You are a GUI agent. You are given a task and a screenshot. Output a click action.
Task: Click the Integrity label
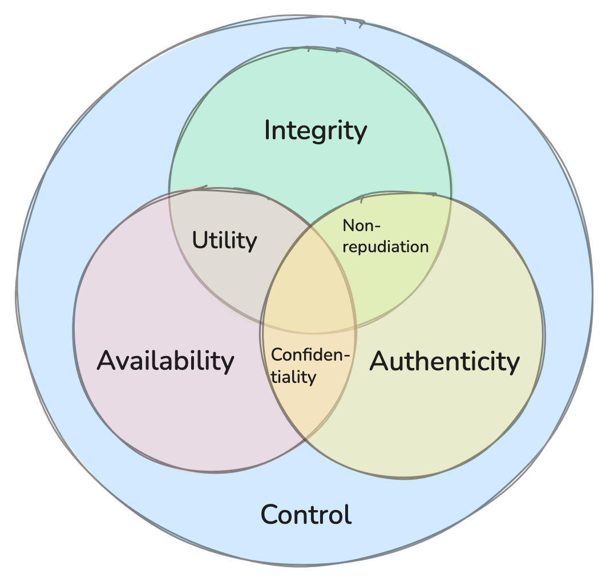(316, 131)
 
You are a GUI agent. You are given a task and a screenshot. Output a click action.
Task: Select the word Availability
(165, 361)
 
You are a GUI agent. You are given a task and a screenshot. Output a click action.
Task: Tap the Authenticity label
(445, 361)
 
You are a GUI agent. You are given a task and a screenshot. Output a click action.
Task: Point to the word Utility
(224, 240)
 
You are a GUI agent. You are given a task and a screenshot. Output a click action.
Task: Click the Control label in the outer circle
(306, 515)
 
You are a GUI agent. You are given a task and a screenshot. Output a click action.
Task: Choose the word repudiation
(385, 246)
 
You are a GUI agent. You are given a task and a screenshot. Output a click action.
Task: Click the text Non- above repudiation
(361, 225)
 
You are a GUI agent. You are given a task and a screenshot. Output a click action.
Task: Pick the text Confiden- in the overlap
(310, 355)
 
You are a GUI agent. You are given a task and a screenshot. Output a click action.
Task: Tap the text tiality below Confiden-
(293, 377)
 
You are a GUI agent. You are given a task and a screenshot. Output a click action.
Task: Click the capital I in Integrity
(267, 131)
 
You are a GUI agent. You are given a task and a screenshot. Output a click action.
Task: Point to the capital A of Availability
(106, 361)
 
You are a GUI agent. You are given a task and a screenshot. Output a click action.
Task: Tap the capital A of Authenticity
(380, 361)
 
